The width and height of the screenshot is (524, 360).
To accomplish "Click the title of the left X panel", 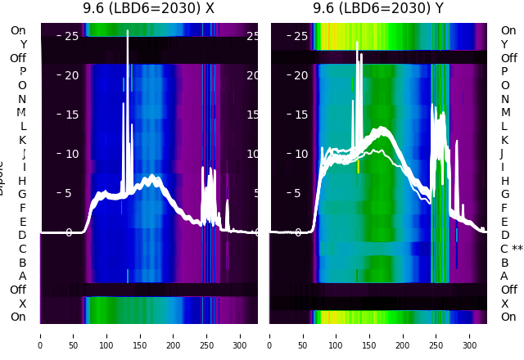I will [148, 9].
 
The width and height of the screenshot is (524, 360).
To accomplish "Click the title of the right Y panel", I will [378, 9].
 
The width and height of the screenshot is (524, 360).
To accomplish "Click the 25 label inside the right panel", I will [300, 36].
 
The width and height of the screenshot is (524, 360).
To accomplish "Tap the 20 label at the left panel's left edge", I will [71, 75].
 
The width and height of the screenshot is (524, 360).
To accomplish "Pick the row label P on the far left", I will [23, 72].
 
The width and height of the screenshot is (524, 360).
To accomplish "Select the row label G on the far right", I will [505, 195].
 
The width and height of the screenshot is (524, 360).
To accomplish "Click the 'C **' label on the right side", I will [511, 249].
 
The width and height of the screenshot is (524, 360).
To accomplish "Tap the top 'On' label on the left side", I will [18, 31].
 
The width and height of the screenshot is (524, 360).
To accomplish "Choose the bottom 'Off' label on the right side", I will [508, 290].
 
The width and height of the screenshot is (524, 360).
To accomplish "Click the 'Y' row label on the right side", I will [504, 44].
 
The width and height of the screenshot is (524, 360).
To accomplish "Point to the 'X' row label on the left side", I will [23, 304].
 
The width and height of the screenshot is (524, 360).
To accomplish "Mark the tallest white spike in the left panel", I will [128, 33].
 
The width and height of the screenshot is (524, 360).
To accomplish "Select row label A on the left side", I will [23, 277].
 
